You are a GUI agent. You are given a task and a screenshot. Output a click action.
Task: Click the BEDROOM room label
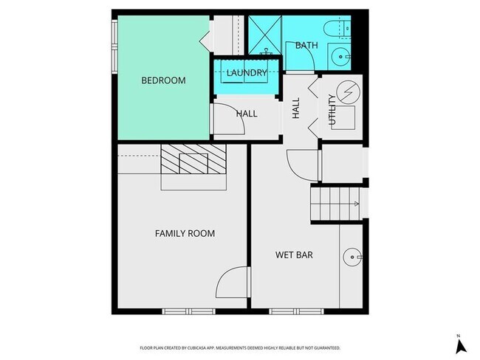(x=163, y=80)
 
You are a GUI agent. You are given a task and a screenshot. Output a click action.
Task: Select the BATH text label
(x=306, y=46)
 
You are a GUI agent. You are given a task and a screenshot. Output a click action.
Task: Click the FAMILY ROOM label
(x=185, y=234)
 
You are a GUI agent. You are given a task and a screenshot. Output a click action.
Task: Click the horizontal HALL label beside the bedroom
(x=247, y=114)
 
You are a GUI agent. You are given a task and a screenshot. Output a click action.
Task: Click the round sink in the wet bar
(x=352, y=257)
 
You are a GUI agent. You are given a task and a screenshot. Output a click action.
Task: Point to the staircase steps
(x=336, y=204)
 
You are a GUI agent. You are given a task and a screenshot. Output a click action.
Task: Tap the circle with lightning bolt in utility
(x=350, y=93)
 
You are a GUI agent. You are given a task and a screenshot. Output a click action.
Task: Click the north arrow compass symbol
(x=458, y=345)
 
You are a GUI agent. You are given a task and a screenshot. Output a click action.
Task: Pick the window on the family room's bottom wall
(x=189, y=311)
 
